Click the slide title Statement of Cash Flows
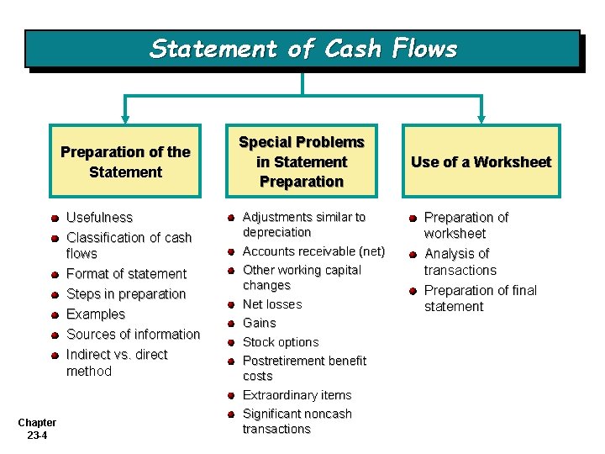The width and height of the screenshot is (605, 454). click(x=302, y=49)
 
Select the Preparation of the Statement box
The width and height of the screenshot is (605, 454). click(x=125, y=161)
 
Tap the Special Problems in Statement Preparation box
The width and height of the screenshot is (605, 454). click(x=302, y=161)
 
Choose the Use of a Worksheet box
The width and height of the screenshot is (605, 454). click(x=481, y=162)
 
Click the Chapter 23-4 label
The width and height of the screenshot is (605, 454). click(x=37, y=429)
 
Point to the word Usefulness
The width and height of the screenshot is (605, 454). click(x=99, y=218)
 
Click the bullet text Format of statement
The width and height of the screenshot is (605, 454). click(x=126, y=274)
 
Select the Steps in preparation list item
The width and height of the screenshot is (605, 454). click(x=126, y=294)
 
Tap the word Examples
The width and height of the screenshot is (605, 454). click(x=96, y=314)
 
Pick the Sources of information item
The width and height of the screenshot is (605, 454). click(x=133, y=335)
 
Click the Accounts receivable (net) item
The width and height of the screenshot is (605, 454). click(x=313, y=251)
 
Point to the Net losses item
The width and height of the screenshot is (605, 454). click(x=272, y=304)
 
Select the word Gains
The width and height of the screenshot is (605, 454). click(x=259, y=323)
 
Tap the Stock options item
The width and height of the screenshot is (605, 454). click(x=281, y=342)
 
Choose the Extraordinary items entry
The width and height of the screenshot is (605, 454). click(x=297, y=395)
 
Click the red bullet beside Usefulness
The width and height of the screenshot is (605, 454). click(x=54, y=219)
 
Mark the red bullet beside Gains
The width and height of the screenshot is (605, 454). click(x=229, y=324)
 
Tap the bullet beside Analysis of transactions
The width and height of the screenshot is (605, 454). click(x=413, y=255)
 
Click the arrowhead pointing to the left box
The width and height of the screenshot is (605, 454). click(x=125, y=119)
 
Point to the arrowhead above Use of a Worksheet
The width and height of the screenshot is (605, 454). click(x=481, y=119)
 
